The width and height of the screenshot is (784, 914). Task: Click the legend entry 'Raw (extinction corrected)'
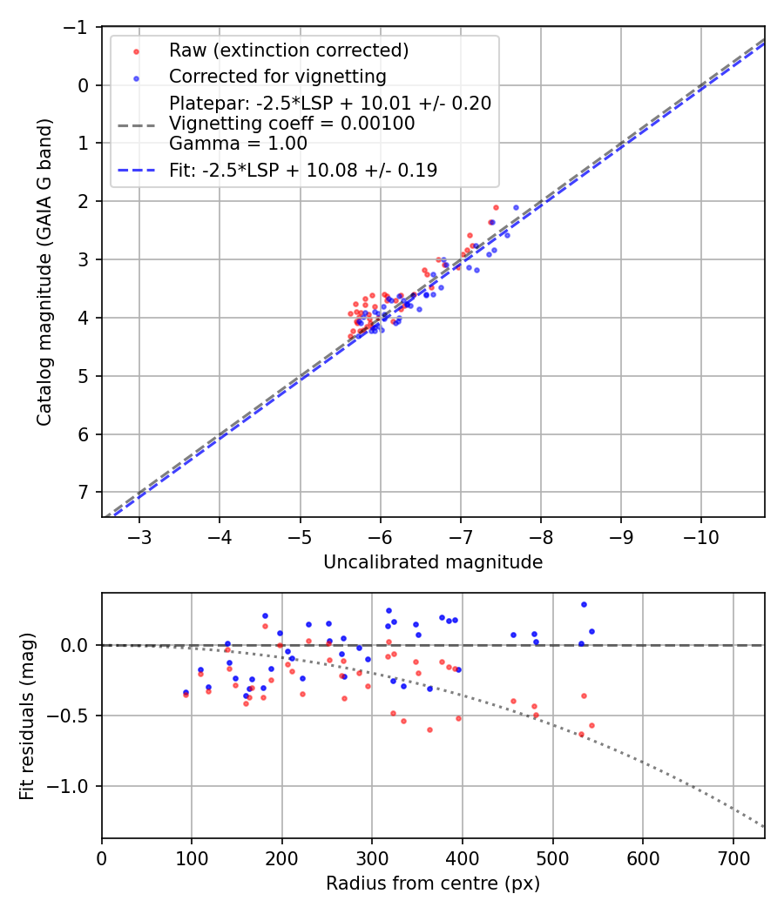288,50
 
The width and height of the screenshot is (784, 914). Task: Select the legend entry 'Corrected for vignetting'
277,76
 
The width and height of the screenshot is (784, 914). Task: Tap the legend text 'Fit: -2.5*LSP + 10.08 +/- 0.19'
303,171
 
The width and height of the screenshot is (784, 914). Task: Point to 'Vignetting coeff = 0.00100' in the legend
292,124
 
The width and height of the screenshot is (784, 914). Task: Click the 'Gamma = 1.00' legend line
238,144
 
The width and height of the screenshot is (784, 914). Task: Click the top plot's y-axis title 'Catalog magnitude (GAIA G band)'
44,272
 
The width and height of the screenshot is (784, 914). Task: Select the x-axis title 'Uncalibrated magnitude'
433,562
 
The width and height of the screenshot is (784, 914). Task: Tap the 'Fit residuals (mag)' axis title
27,716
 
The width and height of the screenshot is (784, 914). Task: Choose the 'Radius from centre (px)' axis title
433,884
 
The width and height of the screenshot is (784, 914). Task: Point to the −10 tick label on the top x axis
701,537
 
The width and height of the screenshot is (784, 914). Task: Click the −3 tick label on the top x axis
139,537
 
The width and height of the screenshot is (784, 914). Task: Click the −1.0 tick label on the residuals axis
73,786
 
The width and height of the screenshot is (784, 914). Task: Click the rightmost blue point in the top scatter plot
516,208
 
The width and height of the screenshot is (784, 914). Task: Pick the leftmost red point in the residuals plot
186,695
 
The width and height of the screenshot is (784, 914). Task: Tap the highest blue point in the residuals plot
584,604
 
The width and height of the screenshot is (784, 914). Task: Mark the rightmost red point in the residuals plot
591,725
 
